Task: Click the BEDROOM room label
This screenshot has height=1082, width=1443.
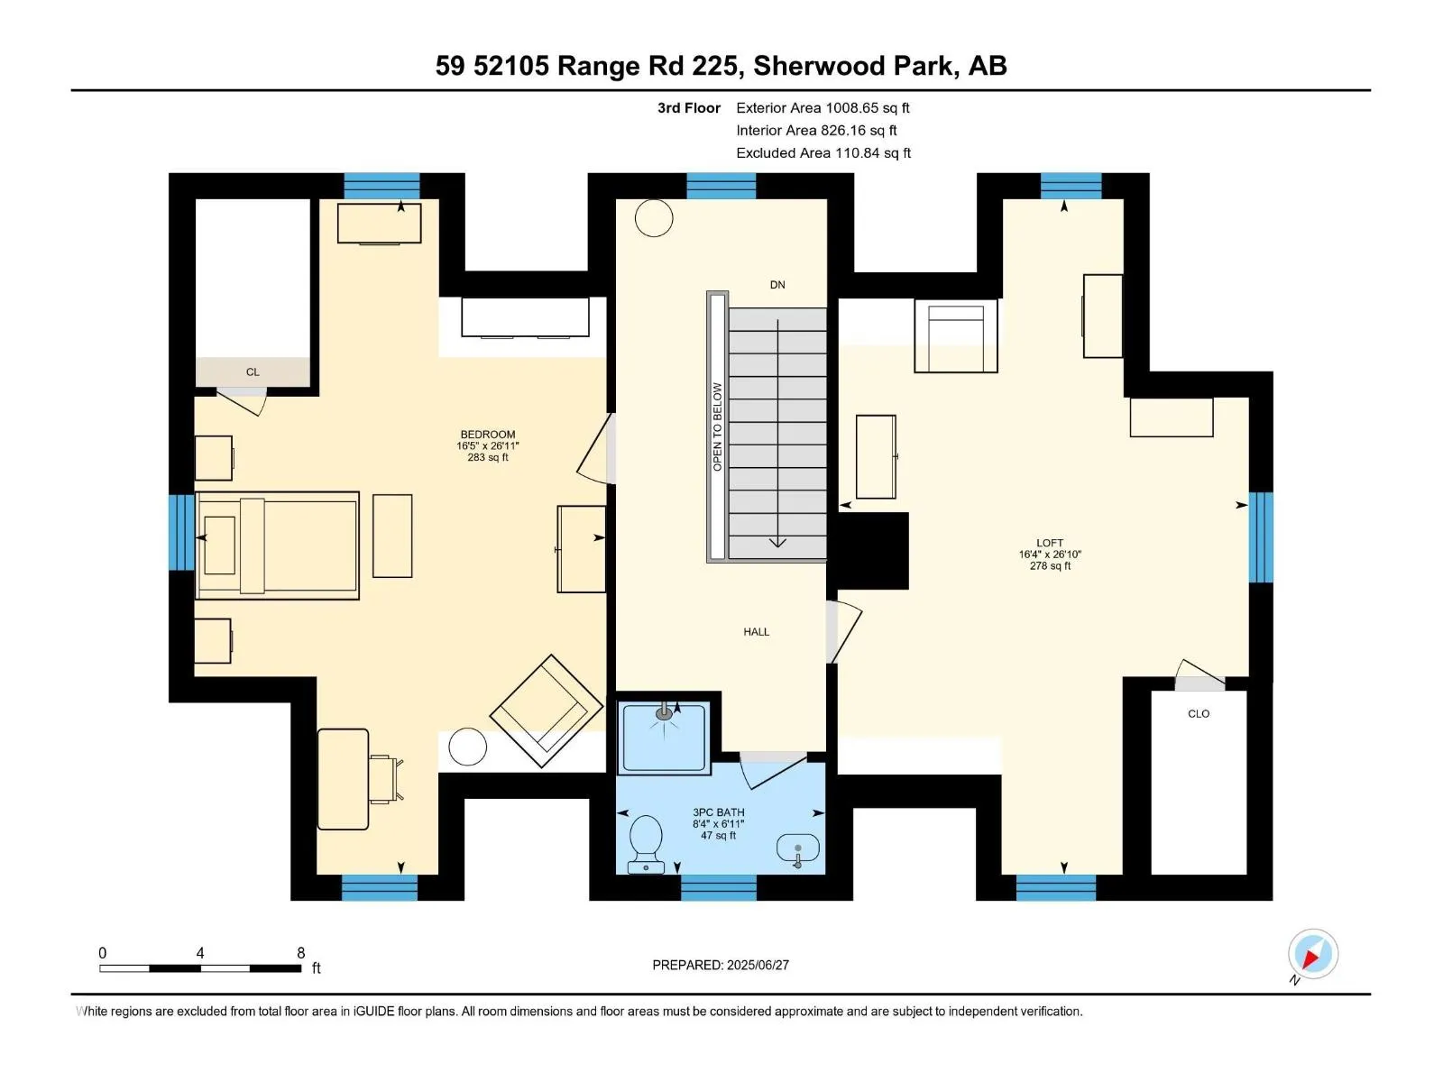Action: pyautogui.click(x=487, y=435)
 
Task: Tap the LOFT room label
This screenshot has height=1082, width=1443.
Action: pyautogui.click(x=1049, y=543)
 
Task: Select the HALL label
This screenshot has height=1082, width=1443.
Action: pyautogui.click(x=756, y=631)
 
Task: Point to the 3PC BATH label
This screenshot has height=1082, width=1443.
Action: pyautogui.click(x=718, y=812)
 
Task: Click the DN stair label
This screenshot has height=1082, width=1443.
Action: pyautogui.click(x=777, y=284)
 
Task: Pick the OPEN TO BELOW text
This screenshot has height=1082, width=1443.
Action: pyautogui.click(x=717, y=426)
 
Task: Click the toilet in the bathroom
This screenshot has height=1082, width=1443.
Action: pyautogui.click(x=646, y=844)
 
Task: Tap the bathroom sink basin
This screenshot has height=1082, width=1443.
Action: pyautogui.click(x=797, y=848)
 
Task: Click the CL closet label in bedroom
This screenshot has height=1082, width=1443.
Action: pyautogui.click(x=253, y=371)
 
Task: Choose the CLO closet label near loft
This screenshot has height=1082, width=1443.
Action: pyautogui.click(x=1199, y=713)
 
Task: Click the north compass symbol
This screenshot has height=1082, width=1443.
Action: pyautogui.click(x=1312, y=954)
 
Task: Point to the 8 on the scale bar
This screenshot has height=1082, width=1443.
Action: pyautogui.click(x=300, y=952)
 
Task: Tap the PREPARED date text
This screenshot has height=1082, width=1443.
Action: pyautogui.click(x=721, y=965)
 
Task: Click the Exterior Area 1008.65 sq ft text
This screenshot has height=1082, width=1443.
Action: pyautogui.click(x=823, y=107)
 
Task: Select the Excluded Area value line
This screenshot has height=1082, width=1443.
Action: pyautogui.click(x=823, y=153)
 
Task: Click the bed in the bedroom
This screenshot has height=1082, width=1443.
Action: pyautogui.click(x=278, y=546)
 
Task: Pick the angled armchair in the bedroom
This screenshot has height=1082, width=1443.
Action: pyautogui.click(x=547, y=711)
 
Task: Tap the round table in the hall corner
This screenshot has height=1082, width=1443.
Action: pyautogui.click(x=654, y=218)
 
